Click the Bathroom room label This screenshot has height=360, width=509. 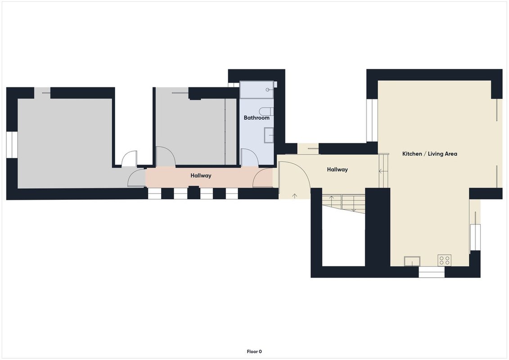257,118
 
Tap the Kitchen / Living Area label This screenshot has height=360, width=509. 429,154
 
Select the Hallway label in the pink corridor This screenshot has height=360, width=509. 201,175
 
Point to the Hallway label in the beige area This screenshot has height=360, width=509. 337,170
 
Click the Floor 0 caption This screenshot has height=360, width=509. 254,351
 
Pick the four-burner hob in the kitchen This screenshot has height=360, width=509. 444,261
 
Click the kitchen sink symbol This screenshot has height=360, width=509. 412,261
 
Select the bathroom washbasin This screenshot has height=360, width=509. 269,135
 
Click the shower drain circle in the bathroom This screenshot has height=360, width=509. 267,90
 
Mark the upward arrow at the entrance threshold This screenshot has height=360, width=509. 295,196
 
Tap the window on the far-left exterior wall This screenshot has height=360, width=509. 12,145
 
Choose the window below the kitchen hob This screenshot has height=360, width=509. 432,272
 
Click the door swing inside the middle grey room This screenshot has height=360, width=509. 166,157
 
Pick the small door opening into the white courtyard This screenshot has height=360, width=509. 130,159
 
